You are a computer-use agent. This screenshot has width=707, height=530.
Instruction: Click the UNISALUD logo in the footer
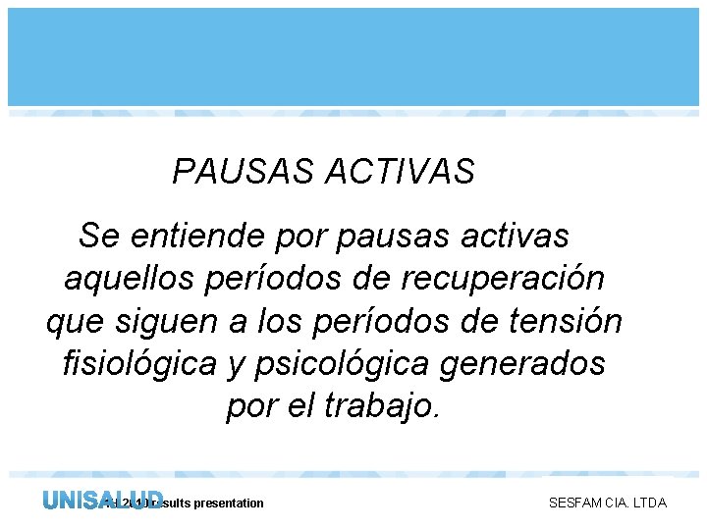point(102,501)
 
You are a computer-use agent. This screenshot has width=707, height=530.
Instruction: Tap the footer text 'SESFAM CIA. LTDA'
point(607,503)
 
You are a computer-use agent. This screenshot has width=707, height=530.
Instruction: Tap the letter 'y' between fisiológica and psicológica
point(236,365)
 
